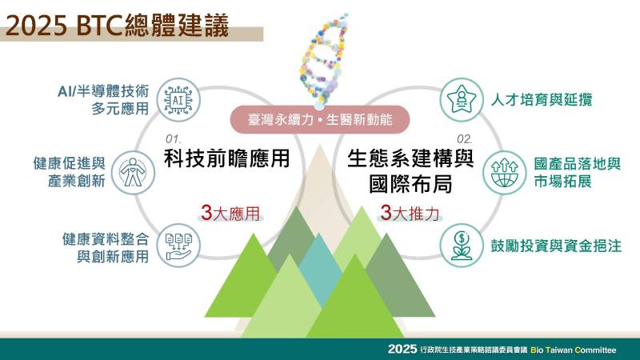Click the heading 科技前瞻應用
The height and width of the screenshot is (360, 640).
(x=226, y=158)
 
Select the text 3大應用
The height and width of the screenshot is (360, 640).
(x=231, y=213)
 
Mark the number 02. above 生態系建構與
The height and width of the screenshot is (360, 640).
(x=465, y=139)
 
